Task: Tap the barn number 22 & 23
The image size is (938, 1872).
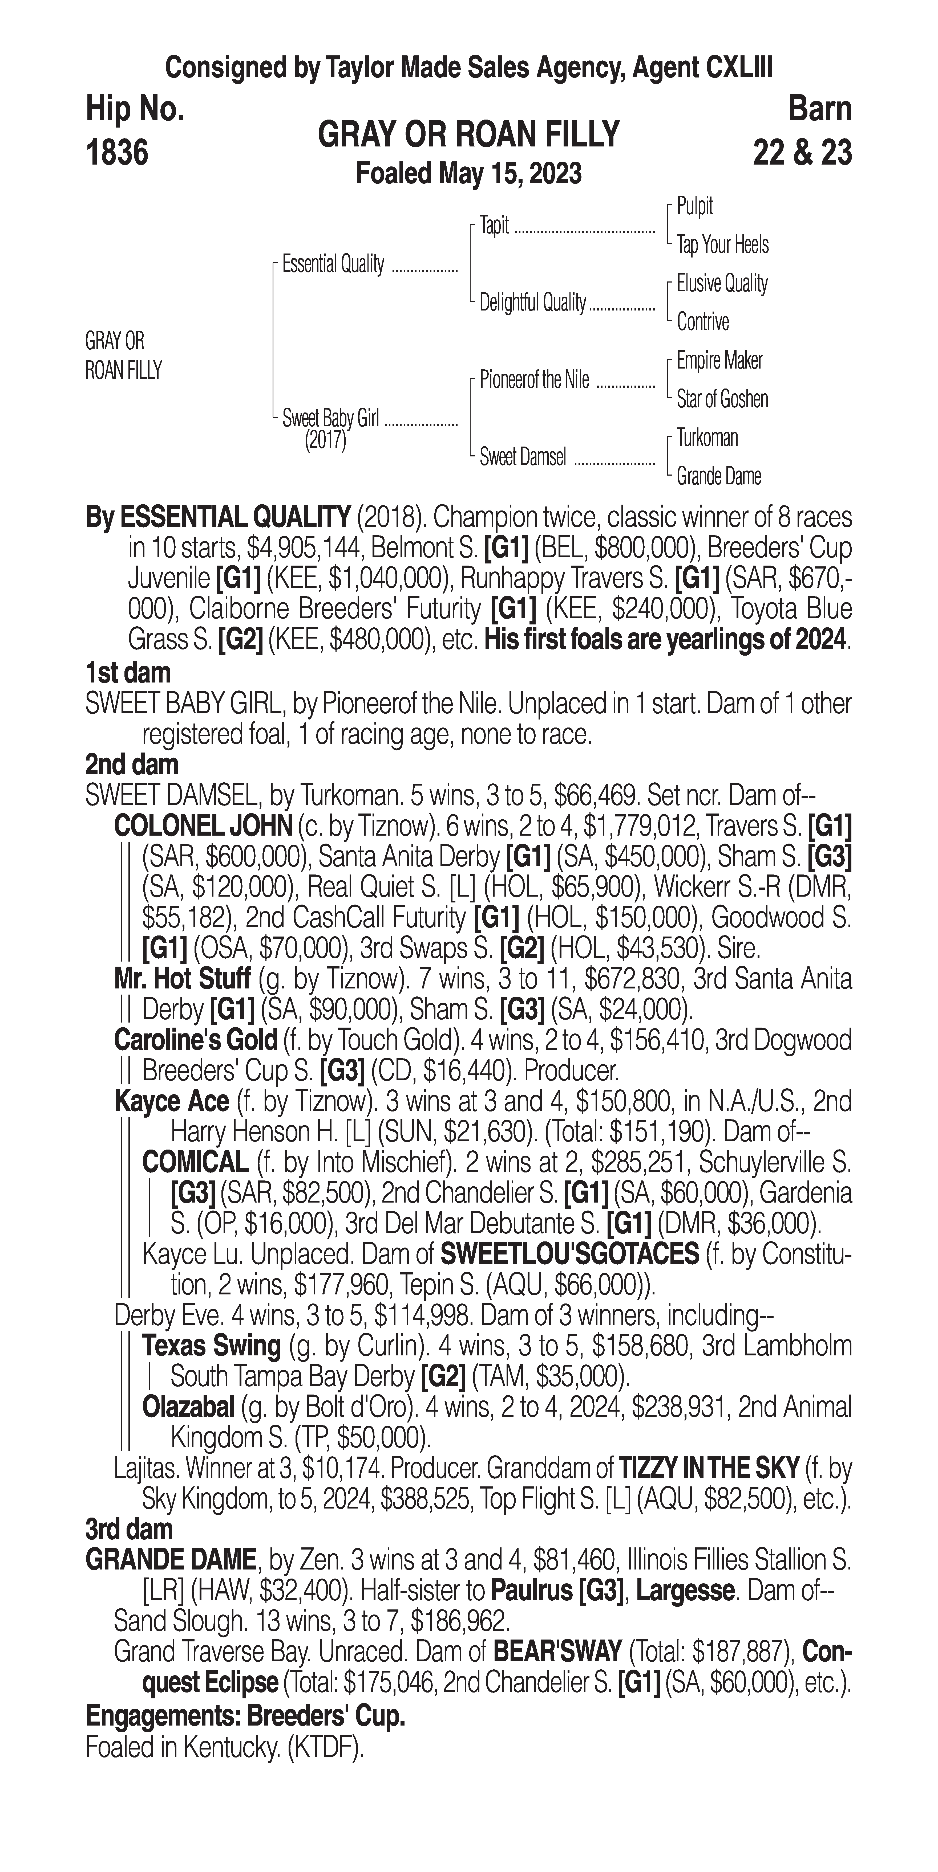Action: [x=802, y=153]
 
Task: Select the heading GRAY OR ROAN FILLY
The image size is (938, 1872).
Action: [x=468, y=134]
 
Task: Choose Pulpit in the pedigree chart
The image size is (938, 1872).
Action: [x=694, y=206]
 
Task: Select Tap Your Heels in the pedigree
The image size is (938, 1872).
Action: [x=722, y=245]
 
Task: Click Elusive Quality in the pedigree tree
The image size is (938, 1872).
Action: [x=721, y=283]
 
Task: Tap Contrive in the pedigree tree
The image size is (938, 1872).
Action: [x=702, y=322]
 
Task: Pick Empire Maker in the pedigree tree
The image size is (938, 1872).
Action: [x=719, y=361]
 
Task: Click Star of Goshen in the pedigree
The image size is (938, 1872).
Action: [x=722, y=399]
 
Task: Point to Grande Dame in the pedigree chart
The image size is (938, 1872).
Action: [x=718, y=477]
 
